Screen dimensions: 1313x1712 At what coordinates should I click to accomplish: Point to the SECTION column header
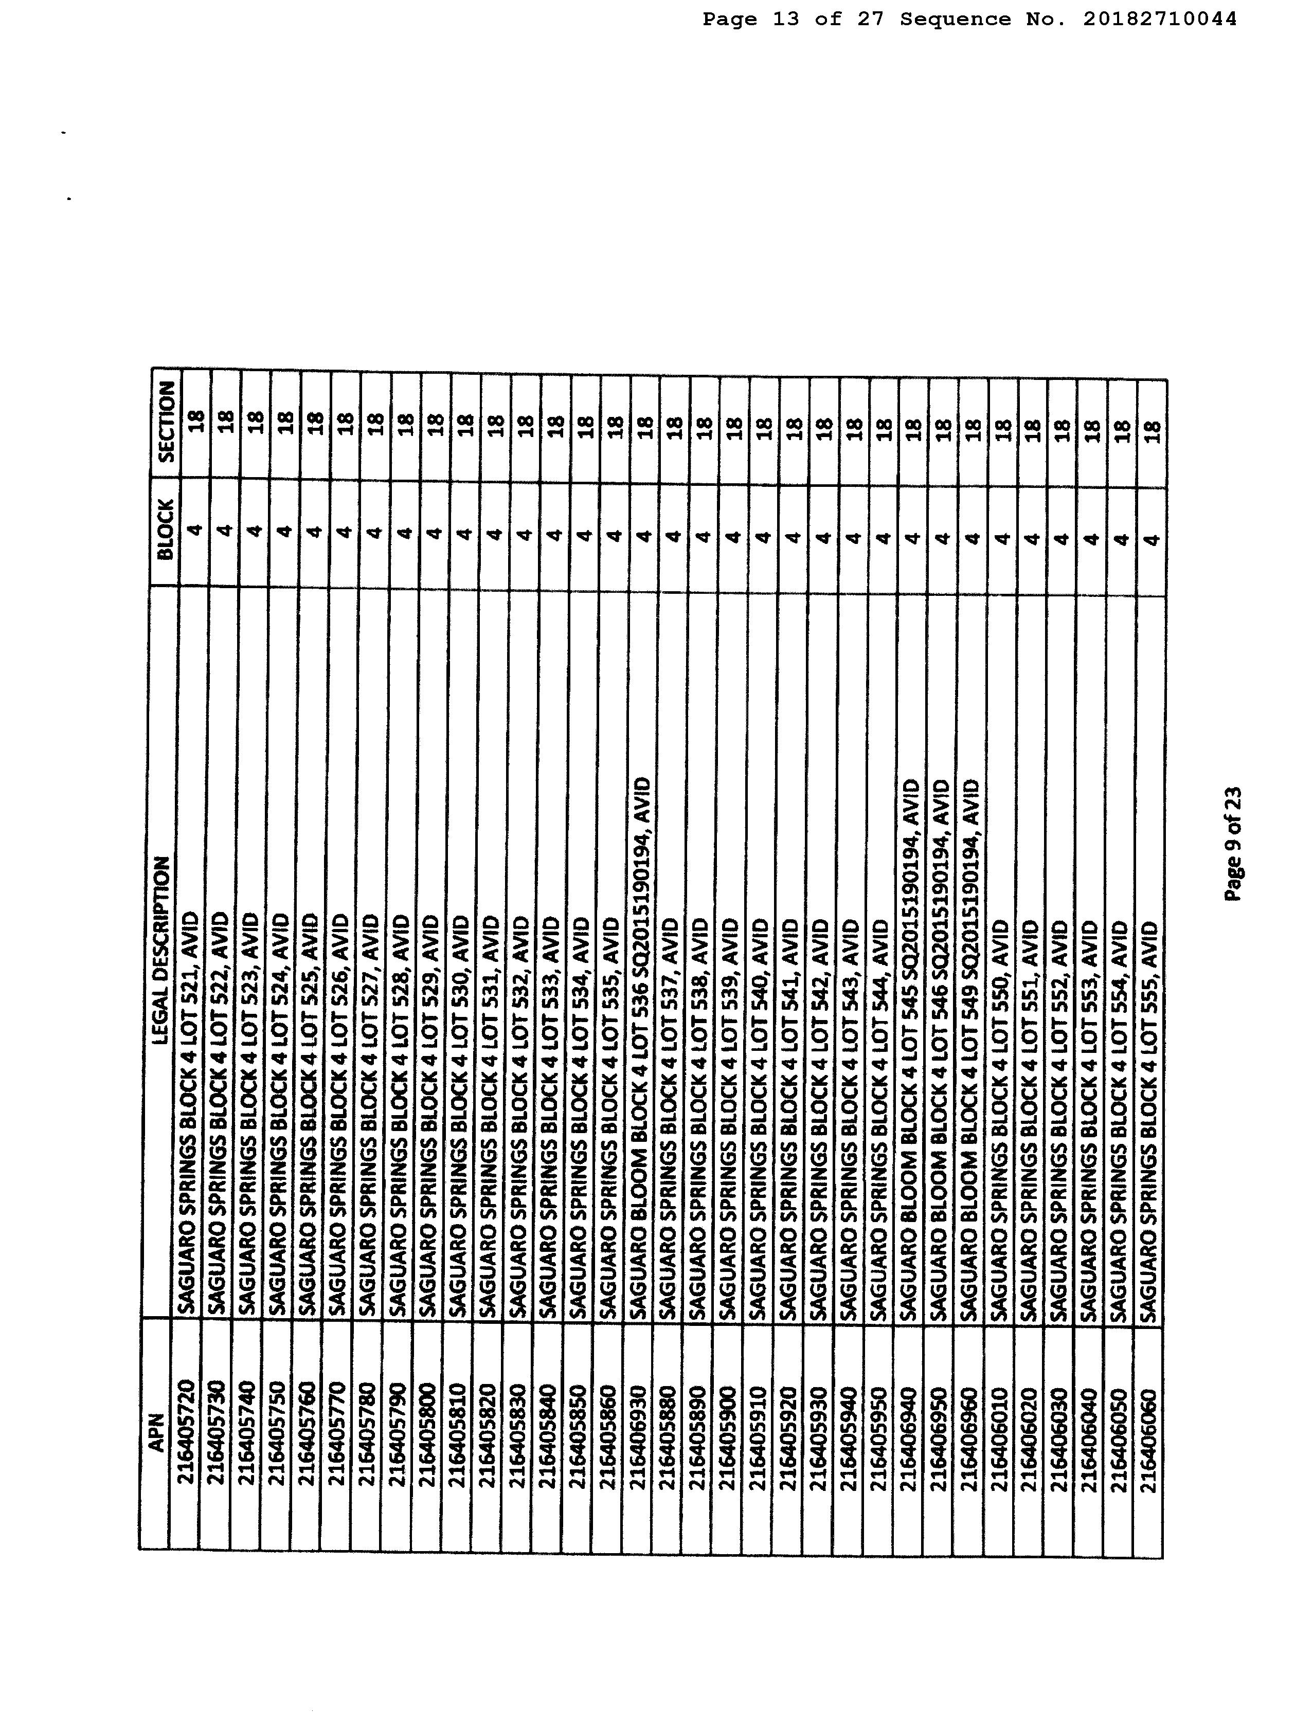tap(166, 430)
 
